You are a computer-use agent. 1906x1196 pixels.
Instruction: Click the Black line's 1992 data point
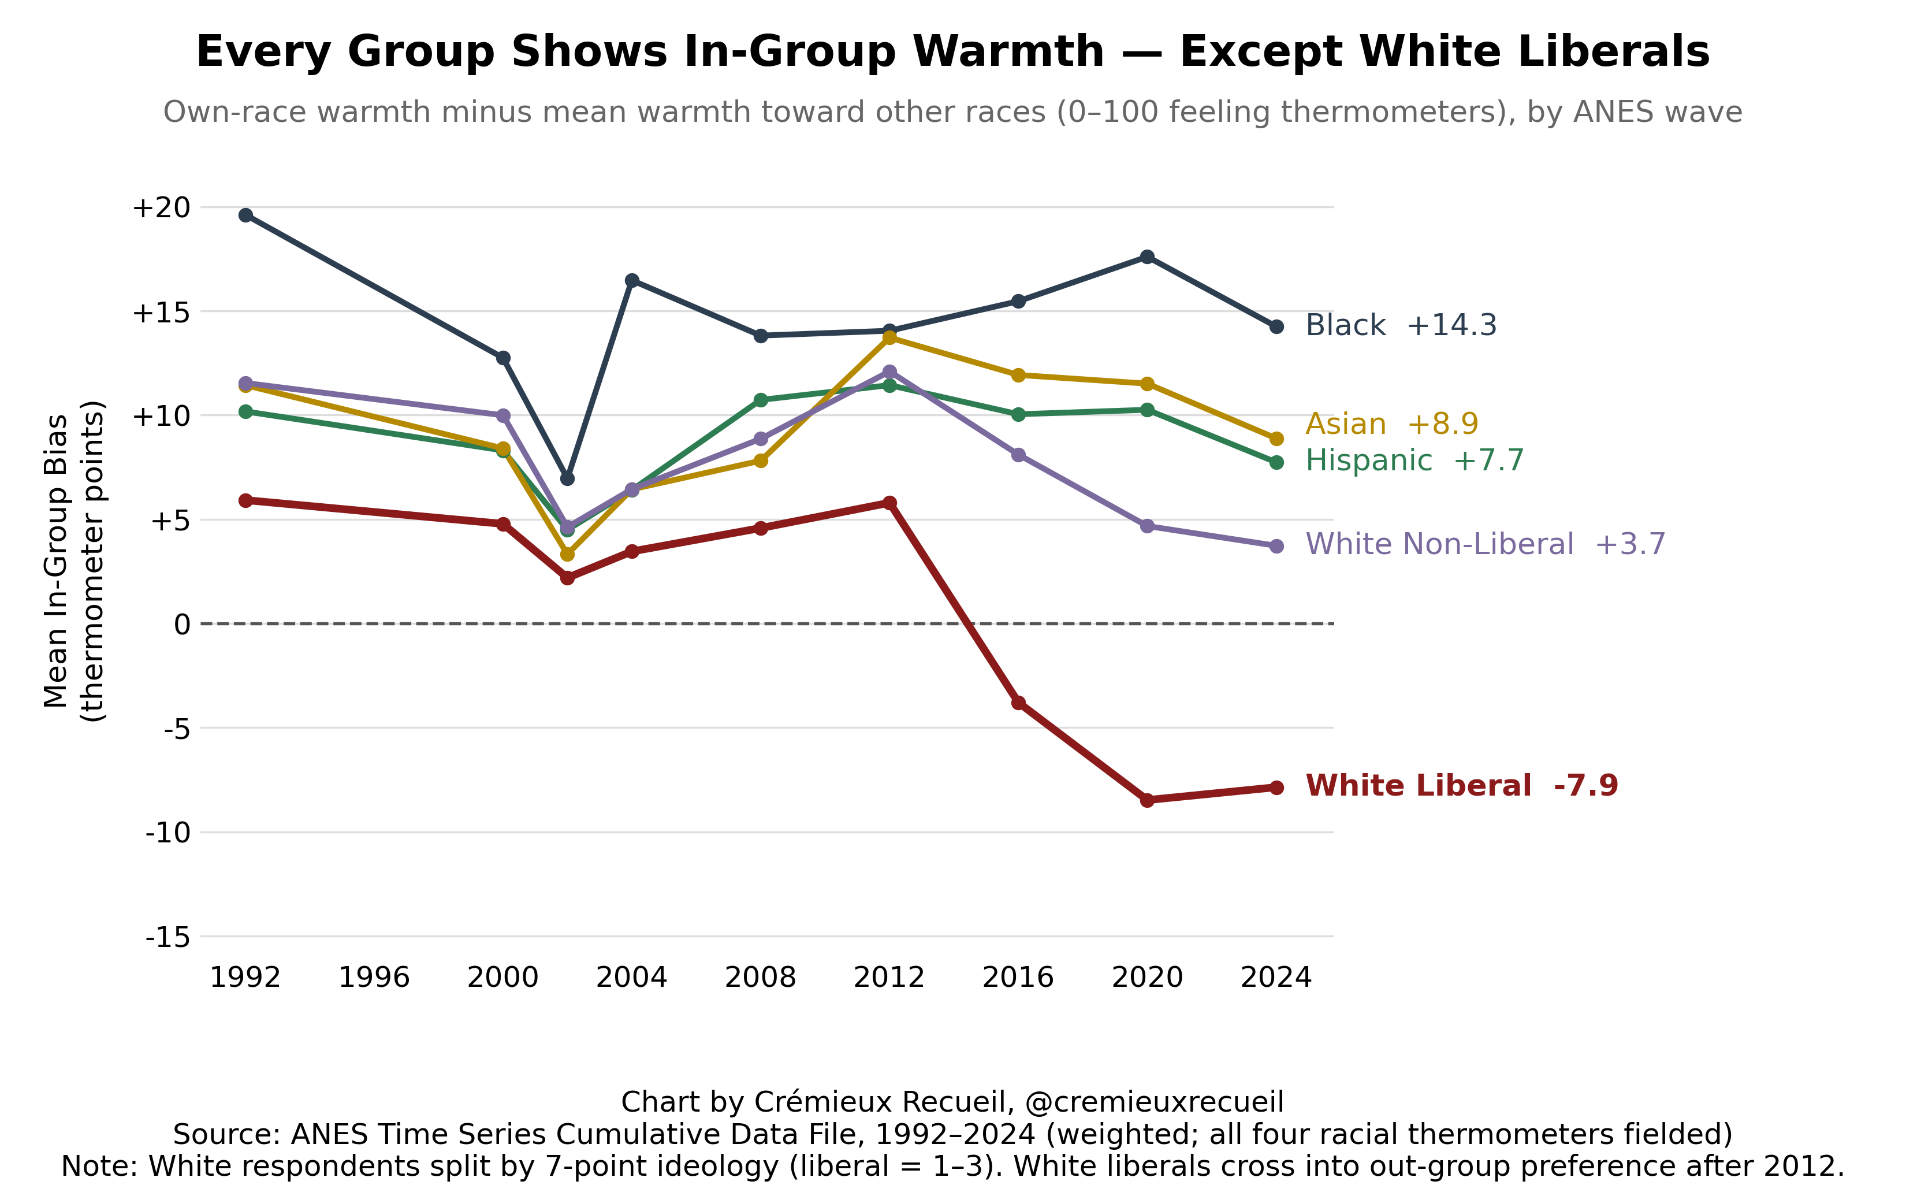tap(246, 215)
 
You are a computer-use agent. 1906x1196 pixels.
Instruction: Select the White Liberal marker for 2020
tap(1147, 800)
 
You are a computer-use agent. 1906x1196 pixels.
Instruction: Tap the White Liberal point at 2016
tap(1018, 703)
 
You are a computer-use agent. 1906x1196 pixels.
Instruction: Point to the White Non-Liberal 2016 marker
tap(1018, 455)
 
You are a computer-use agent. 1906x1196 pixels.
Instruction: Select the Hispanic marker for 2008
tap(761, 399)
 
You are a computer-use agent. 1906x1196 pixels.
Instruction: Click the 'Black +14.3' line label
tap(1401, 325)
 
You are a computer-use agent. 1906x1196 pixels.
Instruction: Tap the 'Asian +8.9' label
tap(1391, 424)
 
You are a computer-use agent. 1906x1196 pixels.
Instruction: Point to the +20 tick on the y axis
tap(162, 207)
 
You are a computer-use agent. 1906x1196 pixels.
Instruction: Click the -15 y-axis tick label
tap(167, 937)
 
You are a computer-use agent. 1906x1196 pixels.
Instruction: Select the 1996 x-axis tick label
tap(374, 978)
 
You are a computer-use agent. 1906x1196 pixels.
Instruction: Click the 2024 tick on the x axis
tap(1276, 978)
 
